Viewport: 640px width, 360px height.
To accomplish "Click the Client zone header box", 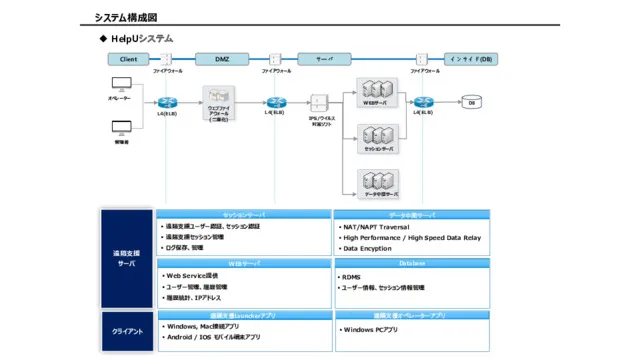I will [x=128, y=59].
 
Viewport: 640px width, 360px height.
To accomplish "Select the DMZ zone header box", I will [x=222, y=59].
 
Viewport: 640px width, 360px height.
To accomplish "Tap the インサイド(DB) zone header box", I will [x=469, y=59].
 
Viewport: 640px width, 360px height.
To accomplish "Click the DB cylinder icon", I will [x=471, y=102].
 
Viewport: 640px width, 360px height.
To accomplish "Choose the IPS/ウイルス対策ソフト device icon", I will [x=320, y=103].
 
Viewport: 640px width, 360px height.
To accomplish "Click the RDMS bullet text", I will [x=351, y=277].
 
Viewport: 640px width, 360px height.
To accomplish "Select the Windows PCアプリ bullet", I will [x=369, y=329].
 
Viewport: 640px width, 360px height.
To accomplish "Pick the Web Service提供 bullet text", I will [x=192, y=275].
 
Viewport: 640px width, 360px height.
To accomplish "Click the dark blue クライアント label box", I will [x=126, y=331].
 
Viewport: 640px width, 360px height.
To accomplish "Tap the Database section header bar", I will [x=412, y=264].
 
